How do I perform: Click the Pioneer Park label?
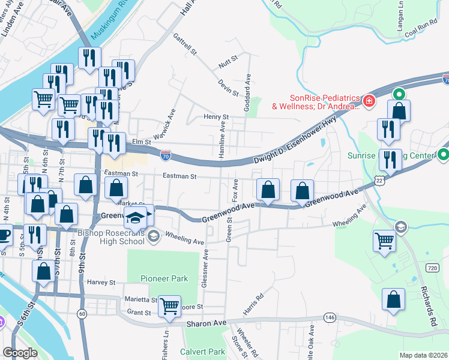[x=164, y=278]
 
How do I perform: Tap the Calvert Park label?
[x=201, y=352]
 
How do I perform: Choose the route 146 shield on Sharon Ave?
[x=328, y=317]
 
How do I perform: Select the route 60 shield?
[x=82, y=314]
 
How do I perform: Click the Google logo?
[x=20, y=353]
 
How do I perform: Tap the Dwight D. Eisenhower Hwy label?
[x=295, y=142]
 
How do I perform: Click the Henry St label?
[x=216, y=117]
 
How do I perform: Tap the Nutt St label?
[x=225, y=61]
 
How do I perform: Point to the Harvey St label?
[x=101, y=282]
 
